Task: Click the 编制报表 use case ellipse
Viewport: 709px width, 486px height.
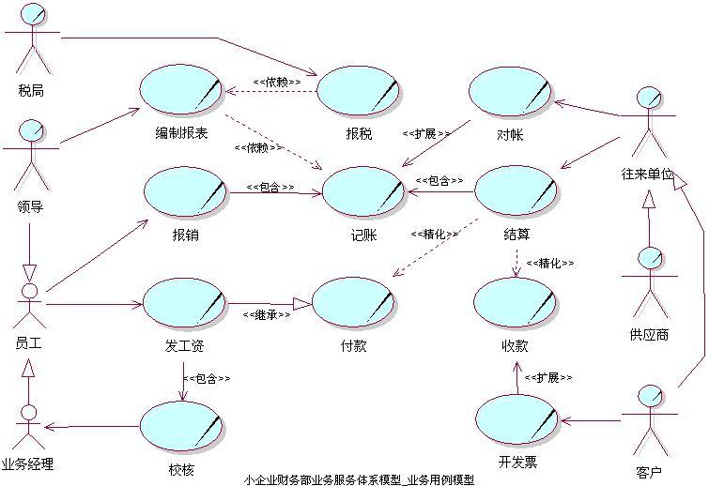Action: coord(180,89)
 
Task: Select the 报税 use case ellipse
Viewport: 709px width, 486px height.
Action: coord(358,91)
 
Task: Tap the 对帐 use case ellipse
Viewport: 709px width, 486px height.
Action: coord(509,92)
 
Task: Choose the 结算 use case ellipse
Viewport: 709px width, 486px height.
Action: coord(515,191)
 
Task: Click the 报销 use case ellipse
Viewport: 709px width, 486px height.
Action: coord(185,191)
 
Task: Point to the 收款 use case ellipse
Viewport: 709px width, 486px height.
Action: coord(515,303)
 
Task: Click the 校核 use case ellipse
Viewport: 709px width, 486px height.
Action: coord(181,426)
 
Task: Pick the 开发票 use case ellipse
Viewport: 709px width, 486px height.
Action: coord(517,419)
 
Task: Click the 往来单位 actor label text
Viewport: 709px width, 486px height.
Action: coord(648,175)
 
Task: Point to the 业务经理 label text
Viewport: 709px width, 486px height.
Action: coord(28,463)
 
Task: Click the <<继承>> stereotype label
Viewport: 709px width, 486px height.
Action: coord(265,315)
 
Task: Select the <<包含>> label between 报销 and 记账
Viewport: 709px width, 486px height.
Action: coord(270,187)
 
